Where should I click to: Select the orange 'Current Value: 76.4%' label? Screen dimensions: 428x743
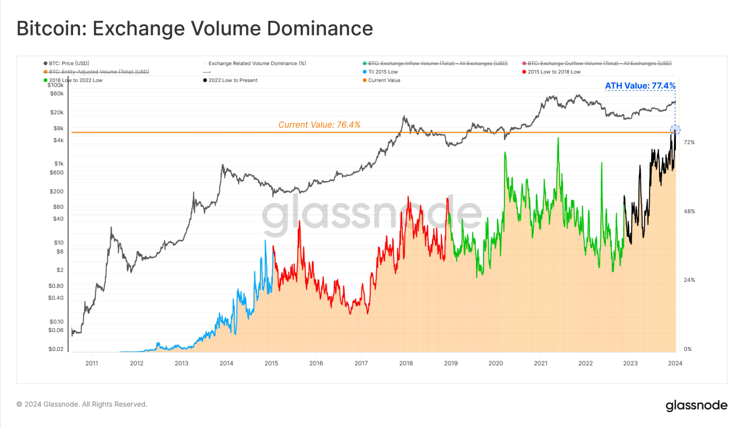(x=319, y=125)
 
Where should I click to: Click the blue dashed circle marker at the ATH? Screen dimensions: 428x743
(x=675, y=130)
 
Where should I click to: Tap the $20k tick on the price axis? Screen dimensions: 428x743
(x=57, y=112)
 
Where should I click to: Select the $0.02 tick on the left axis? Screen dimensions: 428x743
(x=56, y=349)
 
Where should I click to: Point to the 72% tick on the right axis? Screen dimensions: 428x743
(x=689, y=142)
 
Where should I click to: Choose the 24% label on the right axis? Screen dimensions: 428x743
(x=689, y=280)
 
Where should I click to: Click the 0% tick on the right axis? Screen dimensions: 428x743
(x=688, y=349)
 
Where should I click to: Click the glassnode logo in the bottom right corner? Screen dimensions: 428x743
(x=696, y=405)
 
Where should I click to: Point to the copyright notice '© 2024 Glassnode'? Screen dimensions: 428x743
(x=82, y=404)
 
